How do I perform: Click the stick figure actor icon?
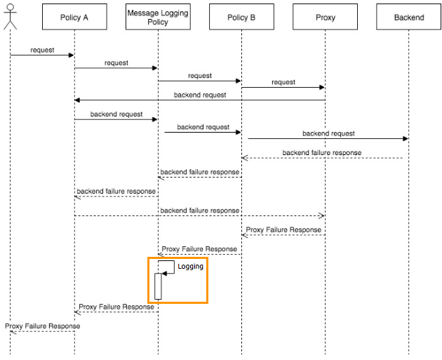tap(10, 16)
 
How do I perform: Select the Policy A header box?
tap(74, 18)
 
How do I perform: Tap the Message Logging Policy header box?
tap(158, 18)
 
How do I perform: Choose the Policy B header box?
tap(241, 18)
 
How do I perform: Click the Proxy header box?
tap(325, 18)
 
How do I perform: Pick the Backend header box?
tap(409, 18)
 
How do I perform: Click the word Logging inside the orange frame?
tap(190, 267)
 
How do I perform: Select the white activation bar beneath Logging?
tap(158, 286)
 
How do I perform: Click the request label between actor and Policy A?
tap(42, 51)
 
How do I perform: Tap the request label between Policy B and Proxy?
tap(283, 82)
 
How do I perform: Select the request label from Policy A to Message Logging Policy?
tap(116, 63)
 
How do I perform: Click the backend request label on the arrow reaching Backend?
tap(328, 133)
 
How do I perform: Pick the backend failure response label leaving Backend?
tap(322, 152)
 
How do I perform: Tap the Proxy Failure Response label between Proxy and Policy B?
tap(283, 229)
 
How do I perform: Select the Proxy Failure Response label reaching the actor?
tap(42, 326)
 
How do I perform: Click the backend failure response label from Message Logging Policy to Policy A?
tap(116, 191)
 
